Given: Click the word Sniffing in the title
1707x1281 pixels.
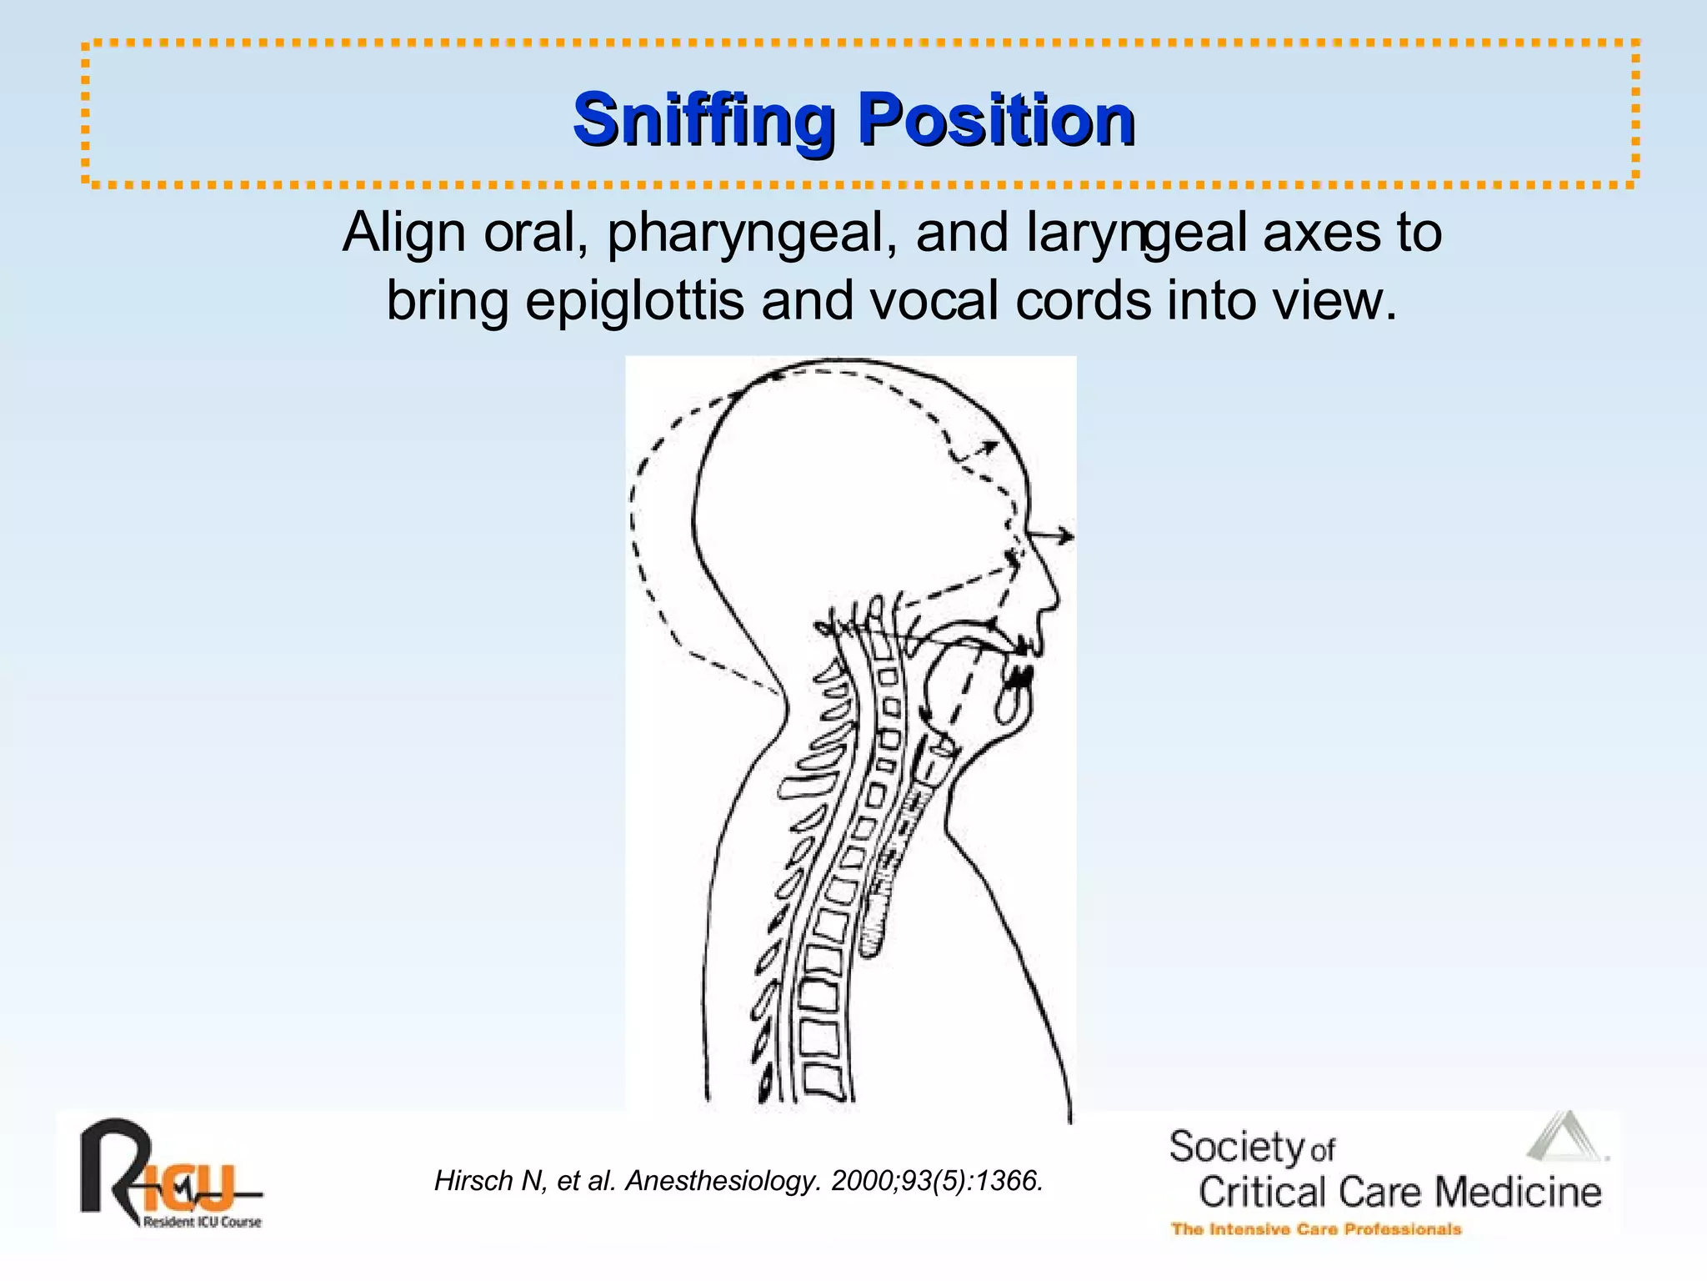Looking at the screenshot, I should click(x=703, y=121).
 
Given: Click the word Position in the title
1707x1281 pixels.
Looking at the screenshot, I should click(x=997, y=121).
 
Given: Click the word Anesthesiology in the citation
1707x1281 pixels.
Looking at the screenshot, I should click(x=723, y=1181).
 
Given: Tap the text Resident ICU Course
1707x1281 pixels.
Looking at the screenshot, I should click(x=202, y=1223).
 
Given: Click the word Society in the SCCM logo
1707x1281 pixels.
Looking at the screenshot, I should click(x=1236, y=1148).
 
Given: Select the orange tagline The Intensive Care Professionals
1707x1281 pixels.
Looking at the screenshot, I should click(x=1316, y=1229).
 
